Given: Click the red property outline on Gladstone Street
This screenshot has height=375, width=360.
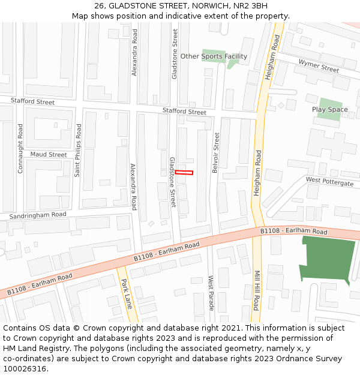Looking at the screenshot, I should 184,173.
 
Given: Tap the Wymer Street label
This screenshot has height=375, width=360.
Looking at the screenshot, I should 319,67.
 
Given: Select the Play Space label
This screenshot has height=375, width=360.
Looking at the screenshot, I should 329,110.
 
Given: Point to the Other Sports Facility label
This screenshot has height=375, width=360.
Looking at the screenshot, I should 214,56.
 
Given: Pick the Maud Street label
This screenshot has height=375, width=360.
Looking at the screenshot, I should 49,154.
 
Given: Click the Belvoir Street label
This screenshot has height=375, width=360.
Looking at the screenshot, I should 216,153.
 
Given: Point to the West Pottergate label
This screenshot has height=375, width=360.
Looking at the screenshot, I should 329,181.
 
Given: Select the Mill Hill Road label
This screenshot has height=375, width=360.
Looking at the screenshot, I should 256,290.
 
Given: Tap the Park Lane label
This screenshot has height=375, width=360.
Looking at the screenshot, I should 126,294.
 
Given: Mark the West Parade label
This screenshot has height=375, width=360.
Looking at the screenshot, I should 211,293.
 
